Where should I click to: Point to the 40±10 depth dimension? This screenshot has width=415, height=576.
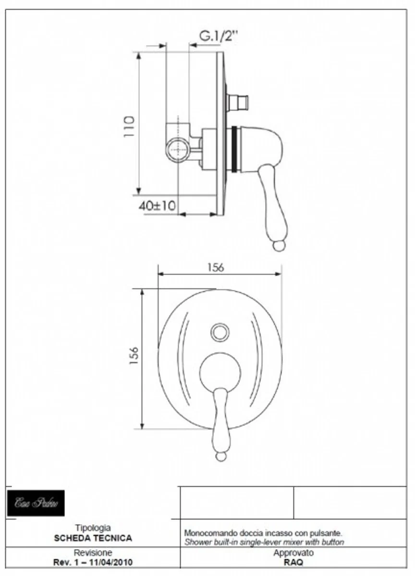point(157,206)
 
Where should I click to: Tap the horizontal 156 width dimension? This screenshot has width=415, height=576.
point(216,267)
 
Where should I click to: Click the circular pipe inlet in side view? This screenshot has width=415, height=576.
point(177,148)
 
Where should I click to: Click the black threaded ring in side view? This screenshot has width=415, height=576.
point(234,149)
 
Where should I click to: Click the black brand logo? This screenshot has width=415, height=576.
point(36,503)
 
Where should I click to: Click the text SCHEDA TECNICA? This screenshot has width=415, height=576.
point(93,538)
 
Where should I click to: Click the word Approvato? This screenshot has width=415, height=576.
point(293,553)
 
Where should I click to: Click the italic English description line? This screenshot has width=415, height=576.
point(264,542)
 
